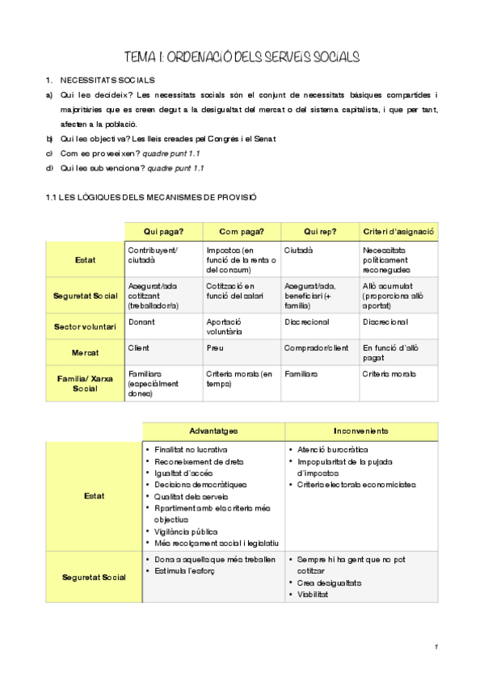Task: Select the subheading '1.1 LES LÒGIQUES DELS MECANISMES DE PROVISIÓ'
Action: pyautogui.click(x=152, y=197)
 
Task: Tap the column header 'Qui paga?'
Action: pyautogui.click(x=162, y=231)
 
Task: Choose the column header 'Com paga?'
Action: pyautogui.click(x=242, y=231)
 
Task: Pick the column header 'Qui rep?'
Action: pyautogui.click(x=320, y=231)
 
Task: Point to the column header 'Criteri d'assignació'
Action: pyautogui.click(x=399, y=231)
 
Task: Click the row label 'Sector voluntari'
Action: pyautogui.click(x=84, y=326)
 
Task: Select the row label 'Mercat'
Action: pyautogui.click(x=84, y=352)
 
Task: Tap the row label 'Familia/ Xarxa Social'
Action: pyautogui.click(x=84, y=383)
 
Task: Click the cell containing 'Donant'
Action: pyautogui.click(x=141, y=321)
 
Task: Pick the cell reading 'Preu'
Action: pyautogui.click(x=215, y=347)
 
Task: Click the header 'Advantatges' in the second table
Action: pyautogui.click(x=213, y=431)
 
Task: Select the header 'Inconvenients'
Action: pyautogui.click(x=360, y=431)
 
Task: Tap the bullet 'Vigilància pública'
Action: pyautogui.click(x=187, y=532)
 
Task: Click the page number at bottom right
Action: pyautogui.click(x=436, y=647)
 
